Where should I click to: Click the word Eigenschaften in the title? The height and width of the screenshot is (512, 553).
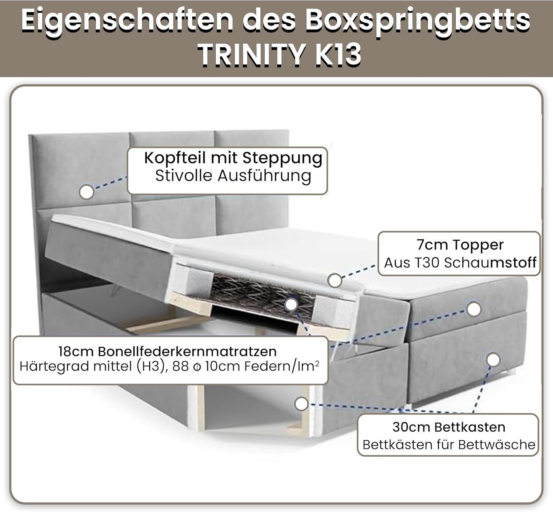click(127, 20)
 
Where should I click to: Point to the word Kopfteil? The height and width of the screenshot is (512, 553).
click(175, 158)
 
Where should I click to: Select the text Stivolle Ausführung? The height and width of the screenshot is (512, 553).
click(233, 176)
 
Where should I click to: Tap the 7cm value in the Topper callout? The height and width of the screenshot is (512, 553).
click(432, 245)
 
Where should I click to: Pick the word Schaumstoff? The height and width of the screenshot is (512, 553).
click(490, 263)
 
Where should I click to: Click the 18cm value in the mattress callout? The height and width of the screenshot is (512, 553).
click(76, 352)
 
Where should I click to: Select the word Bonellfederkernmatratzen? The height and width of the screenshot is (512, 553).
click(187, 352)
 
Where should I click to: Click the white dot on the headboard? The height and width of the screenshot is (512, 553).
click(87, 192)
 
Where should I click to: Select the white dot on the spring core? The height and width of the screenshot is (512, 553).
click(291, 305)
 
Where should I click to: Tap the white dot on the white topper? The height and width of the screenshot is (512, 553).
click(335, 281)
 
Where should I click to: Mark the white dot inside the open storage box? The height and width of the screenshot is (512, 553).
click(301, 404)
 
